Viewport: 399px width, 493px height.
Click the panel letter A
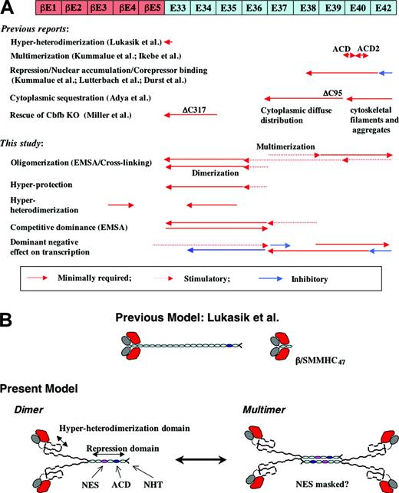(x=8, y=9)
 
